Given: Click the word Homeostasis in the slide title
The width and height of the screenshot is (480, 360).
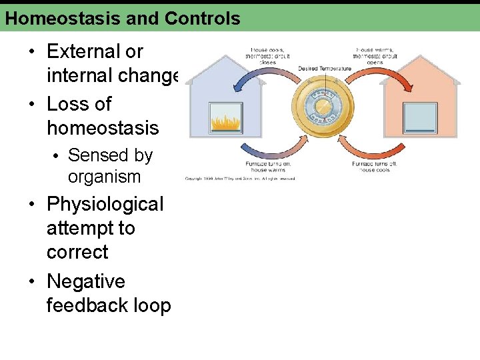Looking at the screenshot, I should click(59, 18).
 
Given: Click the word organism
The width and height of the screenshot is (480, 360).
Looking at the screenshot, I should click(104, 177).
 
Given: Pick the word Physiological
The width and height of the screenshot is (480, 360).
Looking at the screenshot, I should click(105, 204).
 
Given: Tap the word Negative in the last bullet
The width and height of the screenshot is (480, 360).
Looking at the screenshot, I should click(85, 281).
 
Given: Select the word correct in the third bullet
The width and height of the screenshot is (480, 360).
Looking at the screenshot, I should click(77, 252).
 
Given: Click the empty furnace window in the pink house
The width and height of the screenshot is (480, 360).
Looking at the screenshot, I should click(420, 119).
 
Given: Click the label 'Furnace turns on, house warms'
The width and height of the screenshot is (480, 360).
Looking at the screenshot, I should click(268, 167).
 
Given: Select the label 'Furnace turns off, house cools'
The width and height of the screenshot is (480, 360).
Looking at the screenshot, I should click(376, 167).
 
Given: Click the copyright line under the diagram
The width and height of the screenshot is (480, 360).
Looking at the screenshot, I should click(240, 179).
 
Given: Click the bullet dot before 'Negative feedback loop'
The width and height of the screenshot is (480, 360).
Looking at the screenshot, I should click(32, 282).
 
